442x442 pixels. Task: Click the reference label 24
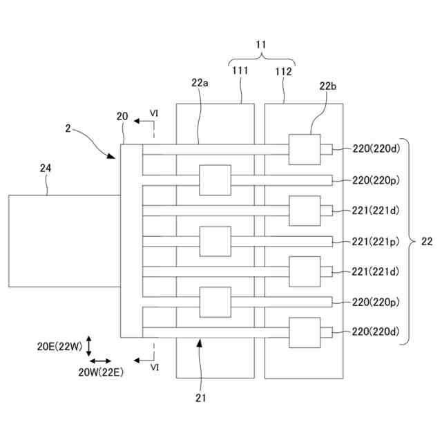(46, 169)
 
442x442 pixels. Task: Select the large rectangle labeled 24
(64, 241)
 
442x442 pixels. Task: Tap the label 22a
(200, 83)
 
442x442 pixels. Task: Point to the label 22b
(328, 86)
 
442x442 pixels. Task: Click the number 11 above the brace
(261, 44)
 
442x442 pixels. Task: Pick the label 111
(240, 70)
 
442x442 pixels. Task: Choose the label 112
(283, 72)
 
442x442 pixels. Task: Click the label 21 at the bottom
(200, 398)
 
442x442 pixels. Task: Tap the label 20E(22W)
(59, 347)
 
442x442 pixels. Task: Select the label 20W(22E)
(101, 372)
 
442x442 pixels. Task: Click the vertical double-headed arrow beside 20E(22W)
(89, 346)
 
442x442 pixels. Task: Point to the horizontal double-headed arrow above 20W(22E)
(100, 361)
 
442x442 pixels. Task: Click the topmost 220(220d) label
(376, 148)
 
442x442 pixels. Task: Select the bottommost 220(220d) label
(376, 331)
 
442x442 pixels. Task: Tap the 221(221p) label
(376, 242)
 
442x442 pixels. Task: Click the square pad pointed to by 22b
(305, 149)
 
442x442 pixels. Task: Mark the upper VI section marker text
(154, 113)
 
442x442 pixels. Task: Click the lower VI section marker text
(155, 367)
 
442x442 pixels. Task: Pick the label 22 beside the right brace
(427, 241)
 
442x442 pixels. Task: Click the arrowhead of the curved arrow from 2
(112, 156)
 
